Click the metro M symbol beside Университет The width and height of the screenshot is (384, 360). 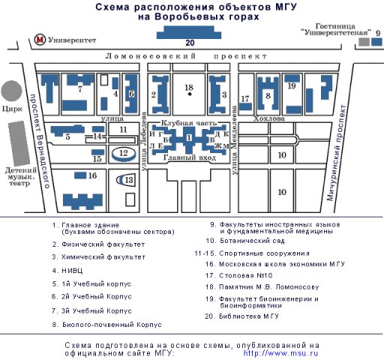(x=40, y=40)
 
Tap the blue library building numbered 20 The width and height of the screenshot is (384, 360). (x=189, y=32)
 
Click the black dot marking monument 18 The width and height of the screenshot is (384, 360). (x=190, y=94)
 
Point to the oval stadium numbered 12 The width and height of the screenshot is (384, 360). (x=124, y=154)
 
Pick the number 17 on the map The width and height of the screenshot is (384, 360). (x=245, y=99)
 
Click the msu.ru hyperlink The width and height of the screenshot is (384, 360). (x=280, y=353)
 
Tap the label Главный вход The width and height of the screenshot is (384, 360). (x=190, y=157)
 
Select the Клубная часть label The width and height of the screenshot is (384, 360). (x=188, y=123)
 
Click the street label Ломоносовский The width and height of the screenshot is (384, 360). (x=151, y=56)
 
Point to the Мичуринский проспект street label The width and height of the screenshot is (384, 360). (x=337, y=153)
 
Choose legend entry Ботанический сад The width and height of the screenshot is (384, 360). (x=252, y=241)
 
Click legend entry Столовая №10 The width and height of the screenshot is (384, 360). (x=245, y=275)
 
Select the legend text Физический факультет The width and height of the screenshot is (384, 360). (x=103, y=244)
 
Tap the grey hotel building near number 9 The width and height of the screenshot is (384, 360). (x=364, y=42)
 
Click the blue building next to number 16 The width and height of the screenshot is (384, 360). (x=80, y=175)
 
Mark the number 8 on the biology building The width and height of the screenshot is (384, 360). (x=268, y=95)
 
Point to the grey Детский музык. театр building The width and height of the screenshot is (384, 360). (x=19, y=143)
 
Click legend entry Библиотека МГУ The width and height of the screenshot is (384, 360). (x=249, y=316)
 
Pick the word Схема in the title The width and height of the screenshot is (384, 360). (x=112, y=7)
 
